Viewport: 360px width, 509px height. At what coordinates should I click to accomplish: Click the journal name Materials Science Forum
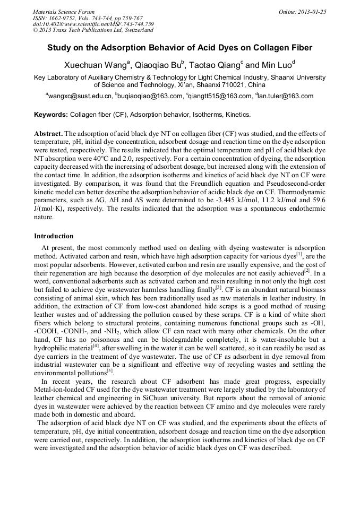point(64,12)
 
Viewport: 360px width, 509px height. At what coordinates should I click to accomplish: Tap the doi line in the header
point(93,24)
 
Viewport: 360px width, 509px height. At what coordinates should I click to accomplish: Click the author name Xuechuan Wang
point(94,66)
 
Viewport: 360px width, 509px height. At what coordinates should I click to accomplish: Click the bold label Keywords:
point(51,115)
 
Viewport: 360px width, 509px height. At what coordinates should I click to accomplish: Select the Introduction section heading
point(54,236)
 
